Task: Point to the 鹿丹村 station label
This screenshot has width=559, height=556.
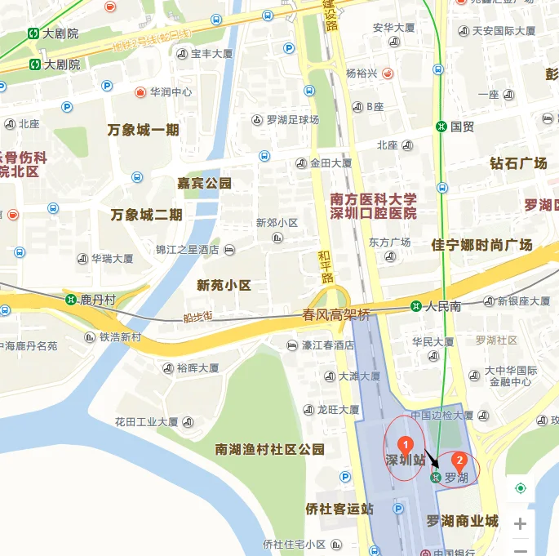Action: pos(97,300)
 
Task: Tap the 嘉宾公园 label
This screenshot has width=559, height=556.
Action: pos(204,183)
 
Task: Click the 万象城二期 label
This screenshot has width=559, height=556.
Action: pos(146,215)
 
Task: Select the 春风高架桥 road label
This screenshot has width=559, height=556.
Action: pos(336,314)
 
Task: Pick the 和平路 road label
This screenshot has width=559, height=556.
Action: pos(326,266)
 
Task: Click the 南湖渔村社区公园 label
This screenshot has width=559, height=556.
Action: pos(269,449)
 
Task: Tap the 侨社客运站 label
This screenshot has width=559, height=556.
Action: pos(339,509)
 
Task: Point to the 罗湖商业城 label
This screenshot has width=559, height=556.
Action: pos(462,521)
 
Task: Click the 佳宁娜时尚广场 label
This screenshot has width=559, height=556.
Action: pos(481,244)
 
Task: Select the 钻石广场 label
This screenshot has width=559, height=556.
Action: pos(518,163)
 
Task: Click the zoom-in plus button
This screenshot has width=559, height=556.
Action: pos(520,524)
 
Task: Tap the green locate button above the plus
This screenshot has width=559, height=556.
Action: pos(521,488)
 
